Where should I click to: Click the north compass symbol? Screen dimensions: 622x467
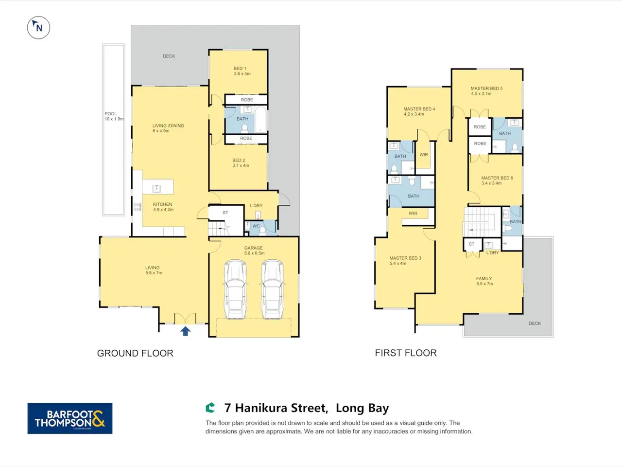(x=38, y=28)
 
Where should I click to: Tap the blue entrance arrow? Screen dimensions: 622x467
(x=185, y=331)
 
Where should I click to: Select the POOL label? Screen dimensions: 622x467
(x=110, y=114)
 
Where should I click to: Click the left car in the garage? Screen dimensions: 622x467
(x=236, y=289)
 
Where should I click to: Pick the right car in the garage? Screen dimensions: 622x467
(x=272, y=289)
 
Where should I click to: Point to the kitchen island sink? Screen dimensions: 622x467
(x=156, y=188)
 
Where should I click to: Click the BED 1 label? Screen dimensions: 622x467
(x=240, y=68)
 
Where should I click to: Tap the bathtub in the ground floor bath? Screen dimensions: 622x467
(x=260, y=119)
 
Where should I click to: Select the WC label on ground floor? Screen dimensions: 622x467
(x=256, y=226)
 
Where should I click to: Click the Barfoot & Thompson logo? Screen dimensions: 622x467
(x=69, y=418)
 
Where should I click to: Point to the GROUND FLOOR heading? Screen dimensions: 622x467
(x=135, y=353)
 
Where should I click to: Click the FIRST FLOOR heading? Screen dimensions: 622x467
(x=406, y=353)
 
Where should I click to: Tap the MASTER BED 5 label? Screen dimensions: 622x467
(x=486, y=89)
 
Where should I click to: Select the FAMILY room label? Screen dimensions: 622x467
(x=484, y=278)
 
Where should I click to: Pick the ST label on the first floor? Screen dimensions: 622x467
(x=471, y=244)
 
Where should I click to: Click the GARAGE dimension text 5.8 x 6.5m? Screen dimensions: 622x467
(x=254, y=253)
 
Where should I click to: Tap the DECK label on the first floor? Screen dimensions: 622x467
(x=535, y=323)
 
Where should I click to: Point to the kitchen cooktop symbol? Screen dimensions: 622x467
(x=137, y=207)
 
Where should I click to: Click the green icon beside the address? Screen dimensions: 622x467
(x=210, y=408)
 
